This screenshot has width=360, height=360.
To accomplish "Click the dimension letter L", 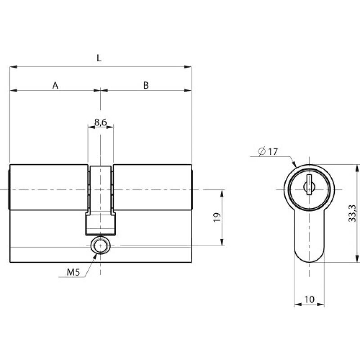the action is [99, 58].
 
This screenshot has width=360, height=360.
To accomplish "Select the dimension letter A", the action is [55, 85].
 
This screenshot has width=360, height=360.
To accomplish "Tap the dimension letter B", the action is [146, 85].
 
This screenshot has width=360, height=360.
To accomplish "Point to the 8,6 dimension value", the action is [100, 122].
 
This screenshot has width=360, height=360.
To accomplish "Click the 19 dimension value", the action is [217, 217].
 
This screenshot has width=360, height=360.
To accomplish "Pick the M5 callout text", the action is [73, 272].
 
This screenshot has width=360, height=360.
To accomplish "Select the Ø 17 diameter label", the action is [268, 152].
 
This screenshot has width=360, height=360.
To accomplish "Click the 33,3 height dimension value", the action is [352, 213].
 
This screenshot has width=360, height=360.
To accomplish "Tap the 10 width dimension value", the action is [309, 299].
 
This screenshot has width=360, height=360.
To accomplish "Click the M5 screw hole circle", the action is [100, 246].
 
